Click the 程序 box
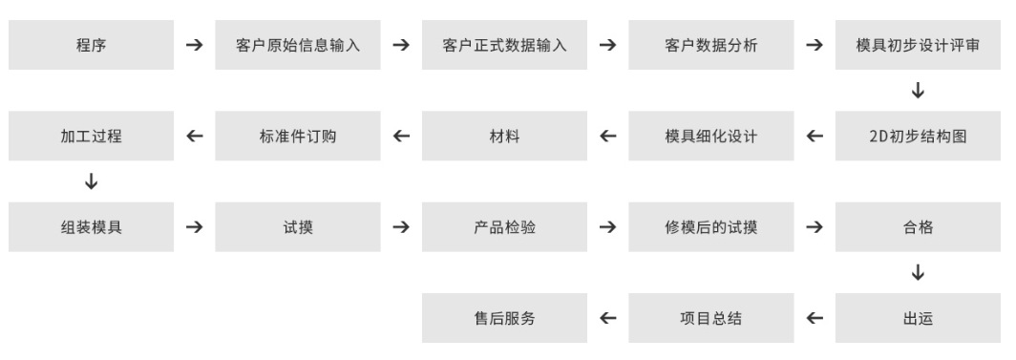tap(91, 46)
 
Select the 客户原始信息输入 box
tap(298, 46)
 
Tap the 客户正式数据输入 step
tap(504, 46)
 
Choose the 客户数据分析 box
tap(711, 46)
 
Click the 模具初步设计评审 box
tap(919, 46)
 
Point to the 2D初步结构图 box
tap(919, 137)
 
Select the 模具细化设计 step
tap(711, 137)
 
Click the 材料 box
tap(504, 137)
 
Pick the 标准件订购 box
tap(298, 137)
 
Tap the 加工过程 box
tap(91, 137)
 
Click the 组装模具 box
tap(91, 228)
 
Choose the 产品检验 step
tap(504, 228)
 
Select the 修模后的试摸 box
tap(711, 228)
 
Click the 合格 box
tap(919, 228)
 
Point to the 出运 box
tap(919, 319)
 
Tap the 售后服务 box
tap(504, 319)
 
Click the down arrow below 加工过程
tap(91, 182)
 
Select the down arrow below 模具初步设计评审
tap(919, 92)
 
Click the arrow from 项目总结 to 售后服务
tap(608, 319)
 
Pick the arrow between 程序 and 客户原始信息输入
tap(194, 46)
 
